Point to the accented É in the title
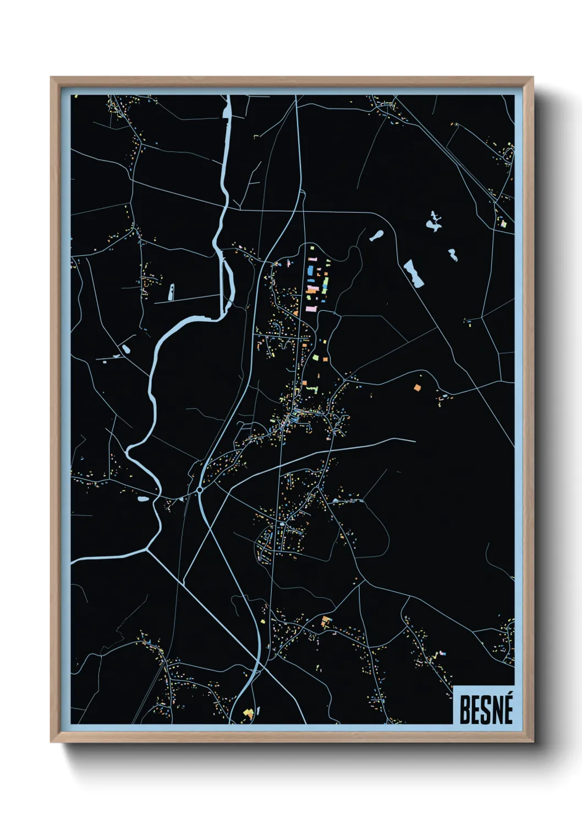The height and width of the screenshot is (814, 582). pyautogui.click(x=507, y=709)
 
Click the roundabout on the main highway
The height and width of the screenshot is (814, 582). pyautogui.click(x=199, y=489)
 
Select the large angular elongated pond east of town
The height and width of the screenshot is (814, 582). pyautogui.click(x=413, y=273)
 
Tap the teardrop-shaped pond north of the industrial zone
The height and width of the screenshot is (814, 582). pyautogui.click(x=377, y=236)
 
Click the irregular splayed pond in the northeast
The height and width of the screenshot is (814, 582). pyautogui.click(x=434, y=222)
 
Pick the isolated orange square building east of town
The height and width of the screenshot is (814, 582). pyautogui.click(x=417, y=388)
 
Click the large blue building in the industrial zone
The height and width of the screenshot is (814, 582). pyautogui.click(x=310, y=271)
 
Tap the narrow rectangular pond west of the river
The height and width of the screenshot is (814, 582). pyautogui.click(x=171, y=292)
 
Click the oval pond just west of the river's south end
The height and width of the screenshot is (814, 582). pyautogui.click(x=143, y=499)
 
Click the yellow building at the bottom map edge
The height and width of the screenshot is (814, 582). pyautogui.click(x=248, y=714)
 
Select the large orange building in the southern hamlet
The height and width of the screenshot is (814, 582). pyautogui.click(x=326, y=621)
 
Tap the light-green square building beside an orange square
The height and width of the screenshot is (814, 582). pyautogui.click(x=316, y=357)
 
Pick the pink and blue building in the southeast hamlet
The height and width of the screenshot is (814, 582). pyautogui.click(x=442, y=653)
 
